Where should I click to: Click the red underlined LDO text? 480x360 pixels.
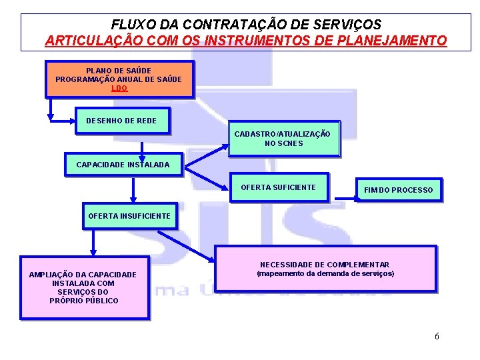119,88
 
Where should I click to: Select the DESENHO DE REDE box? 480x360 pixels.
121,121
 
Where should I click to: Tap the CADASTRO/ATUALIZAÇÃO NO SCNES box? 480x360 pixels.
283,139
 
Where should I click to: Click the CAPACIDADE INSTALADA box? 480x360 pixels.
123,165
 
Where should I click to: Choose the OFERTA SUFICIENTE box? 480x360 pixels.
278,187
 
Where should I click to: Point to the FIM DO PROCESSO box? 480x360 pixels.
398,190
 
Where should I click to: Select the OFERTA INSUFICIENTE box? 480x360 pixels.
129,216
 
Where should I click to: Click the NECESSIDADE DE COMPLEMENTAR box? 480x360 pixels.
325,269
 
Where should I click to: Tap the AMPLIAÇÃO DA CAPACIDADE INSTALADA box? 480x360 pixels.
84,287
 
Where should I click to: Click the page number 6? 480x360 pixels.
437,336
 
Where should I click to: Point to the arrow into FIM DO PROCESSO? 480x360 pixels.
344,197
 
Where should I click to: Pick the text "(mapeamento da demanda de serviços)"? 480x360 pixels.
325,274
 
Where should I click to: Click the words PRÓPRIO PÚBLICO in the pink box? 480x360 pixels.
84,301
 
